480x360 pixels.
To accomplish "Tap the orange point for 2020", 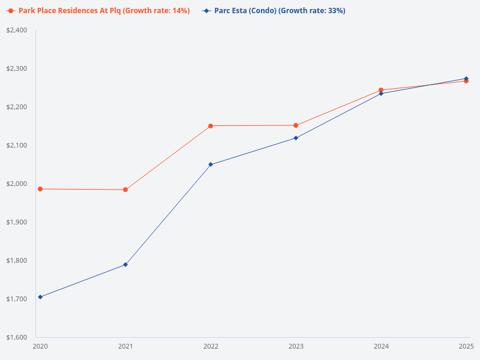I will (x=40, y=189).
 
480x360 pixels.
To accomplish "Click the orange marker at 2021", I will (x=125, y=190).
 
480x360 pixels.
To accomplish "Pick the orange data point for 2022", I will (x=211, y=126).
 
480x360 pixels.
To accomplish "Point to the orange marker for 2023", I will (x=296, y=125).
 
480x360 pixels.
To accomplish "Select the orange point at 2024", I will (x=381, y=90).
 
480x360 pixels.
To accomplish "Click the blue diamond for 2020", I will (x=40, y=297).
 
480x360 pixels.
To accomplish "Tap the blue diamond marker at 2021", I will (x=125, y=265).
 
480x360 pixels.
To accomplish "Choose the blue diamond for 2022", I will (x=211, y=164).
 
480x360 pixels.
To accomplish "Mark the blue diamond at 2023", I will (x=296, y=138).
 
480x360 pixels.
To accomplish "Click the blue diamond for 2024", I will (x=381, y=94).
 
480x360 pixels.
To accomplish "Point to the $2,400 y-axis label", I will (x=17, y=30).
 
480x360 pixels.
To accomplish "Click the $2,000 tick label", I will (x=17, y=184).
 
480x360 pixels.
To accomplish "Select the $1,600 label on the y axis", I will (x=17, y=337).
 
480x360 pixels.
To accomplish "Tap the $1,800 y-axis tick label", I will (x=17, y=260).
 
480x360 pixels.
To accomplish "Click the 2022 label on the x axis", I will (x=211, y=346).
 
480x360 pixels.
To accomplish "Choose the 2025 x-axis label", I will (x=466, y=346).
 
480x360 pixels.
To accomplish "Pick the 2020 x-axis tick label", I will (x=40, y=346).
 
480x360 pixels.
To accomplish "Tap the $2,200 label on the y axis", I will (x=17, y=107).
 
